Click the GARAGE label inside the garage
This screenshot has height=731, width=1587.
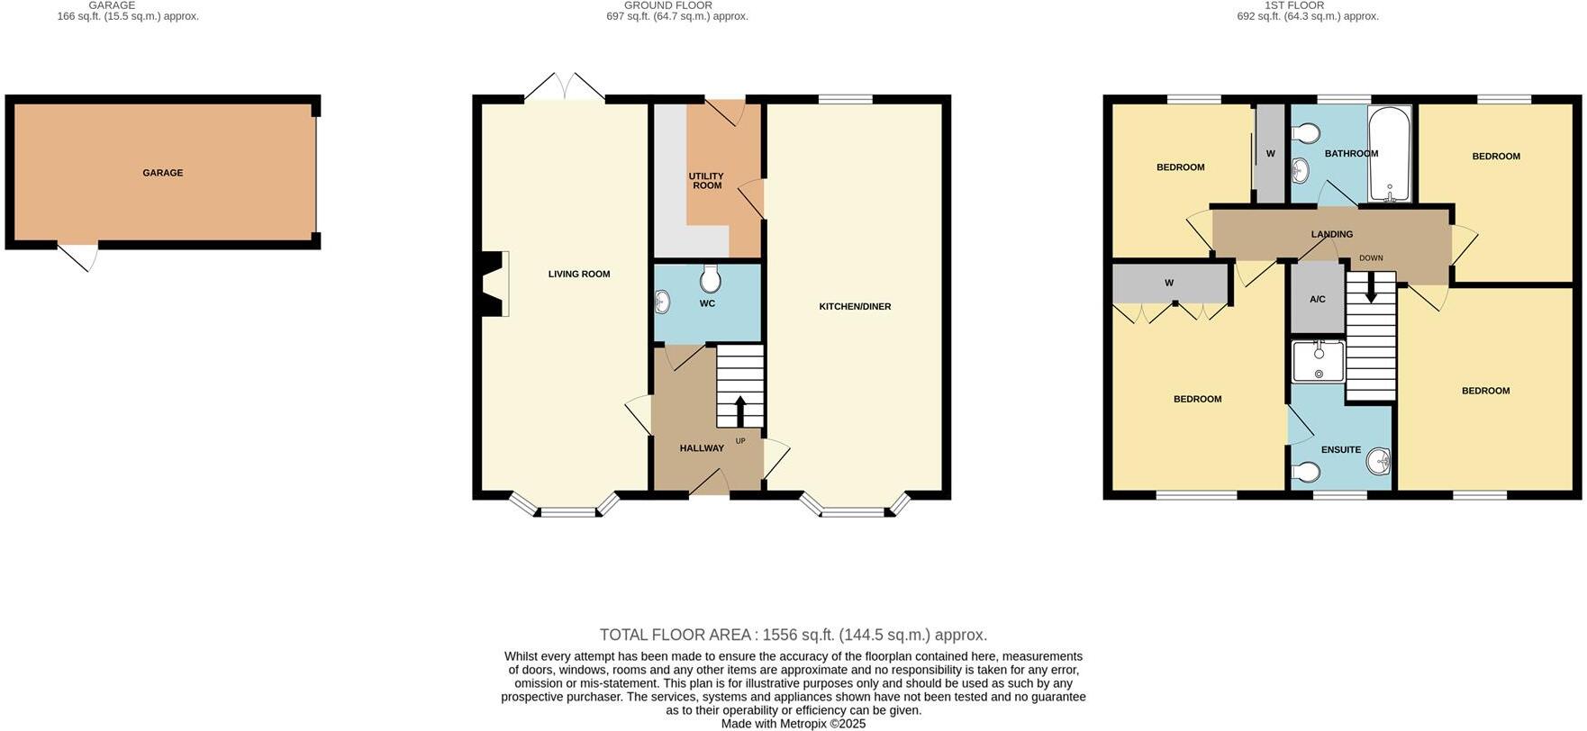162,173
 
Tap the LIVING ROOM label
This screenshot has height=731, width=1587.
579,275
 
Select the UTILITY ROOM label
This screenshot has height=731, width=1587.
707,181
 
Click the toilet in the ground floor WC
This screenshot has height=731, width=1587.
711,280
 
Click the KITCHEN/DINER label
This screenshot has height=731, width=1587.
855,307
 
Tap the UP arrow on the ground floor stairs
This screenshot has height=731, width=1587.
740,411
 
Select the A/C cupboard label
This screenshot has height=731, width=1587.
1317,299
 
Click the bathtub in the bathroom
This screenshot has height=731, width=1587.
1391,154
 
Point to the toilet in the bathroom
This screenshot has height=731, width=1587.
1305,134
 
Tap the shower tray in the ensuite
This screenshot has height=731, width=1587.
1319,361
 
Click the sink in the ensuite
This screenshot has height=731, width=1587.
1379,463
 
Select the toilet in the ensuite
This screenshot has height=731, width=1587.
1305,472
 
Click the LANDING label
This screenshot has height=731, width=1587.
1331,235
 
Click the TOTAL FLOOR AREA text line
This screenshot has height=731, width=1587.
793,635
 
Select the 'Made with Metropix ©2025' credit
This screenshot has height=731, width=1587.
793,724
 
